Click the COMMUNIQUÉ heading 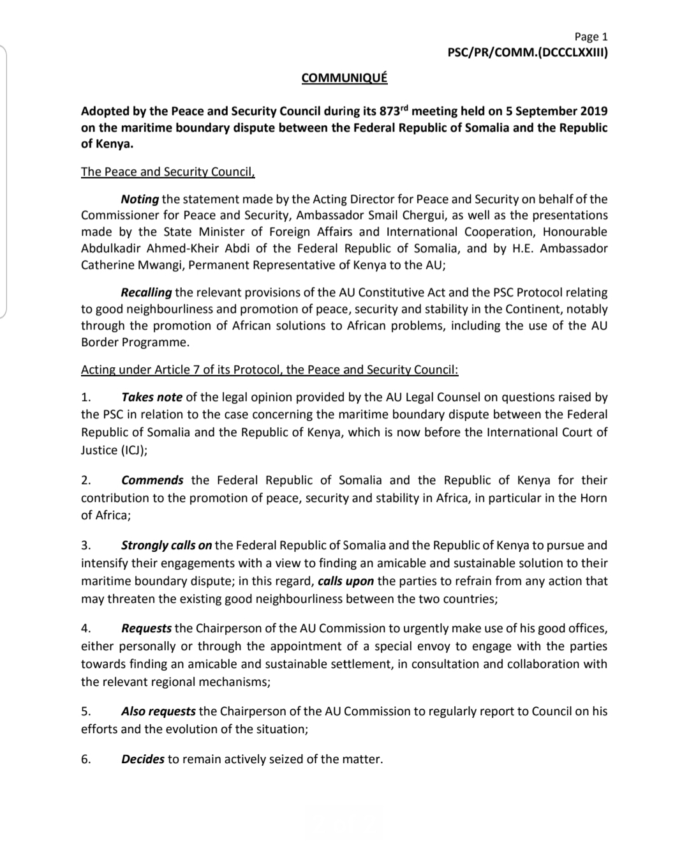344,78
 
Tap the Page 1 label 591,37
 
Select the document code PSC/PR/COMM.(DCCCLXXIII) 528,53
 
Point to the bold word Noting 140,199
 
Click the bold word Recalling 146,292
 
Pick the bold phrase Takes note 152,397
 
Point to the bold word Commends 152,480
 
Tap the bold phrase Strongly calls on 167,545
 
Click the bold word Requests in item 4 146,628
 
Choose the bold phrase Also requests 158,711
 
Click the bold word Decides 143,760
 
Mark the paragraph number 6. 86,760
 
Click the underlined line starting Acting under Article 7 269,370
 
